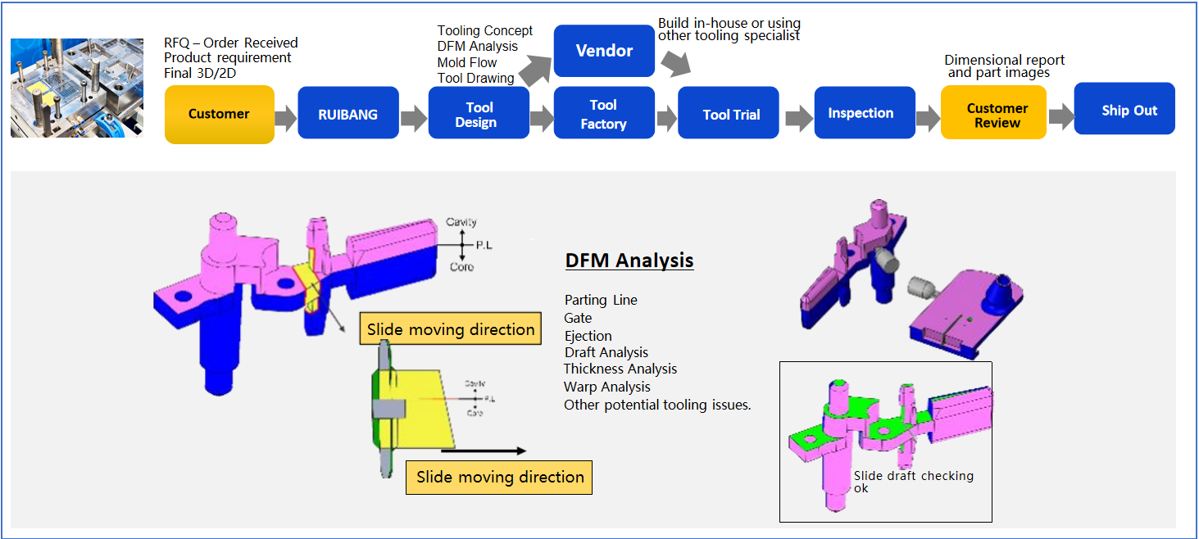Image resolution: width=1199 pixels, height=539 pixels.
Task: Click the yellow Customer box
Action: click(219, 114)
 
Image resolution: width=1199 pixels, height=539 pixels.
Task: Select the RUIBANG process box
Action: click(347, 114)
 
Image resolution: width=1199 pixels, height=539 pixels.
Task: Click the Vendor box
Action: click(604, 51)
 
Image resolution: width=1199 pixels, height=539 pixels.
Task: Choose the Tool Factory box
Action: click(604, 114)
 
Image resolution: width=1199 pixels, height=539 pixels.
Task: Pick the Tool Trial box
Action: click(730, 114)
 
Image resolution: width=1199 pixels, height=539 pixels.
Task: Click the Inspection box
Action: click(860, 113)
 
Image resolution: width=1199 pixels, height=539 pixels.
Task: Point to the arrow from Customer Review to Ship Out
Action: click(1060, 116)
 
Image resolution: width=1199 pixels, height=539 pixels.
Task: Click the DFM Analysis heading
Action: click(629, 261)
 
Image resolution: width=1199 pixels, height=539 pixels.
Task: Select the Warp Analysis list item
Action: click(606, 387)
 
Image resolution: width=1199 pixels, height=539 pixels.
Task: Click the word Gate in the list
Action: click(578, 318)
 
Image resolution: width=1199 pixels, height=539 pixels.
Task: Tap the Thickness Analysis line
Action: click(620, 369)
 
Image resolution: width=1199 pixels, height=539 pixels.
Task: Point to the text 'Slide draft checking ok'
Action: click(913, 482)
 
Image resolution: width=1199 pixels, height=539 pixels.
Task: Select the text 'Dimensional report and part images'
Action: click(1004, 66)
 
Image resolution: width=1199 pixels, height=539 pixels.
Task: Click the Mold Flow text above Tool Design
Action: click(467, 62)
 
